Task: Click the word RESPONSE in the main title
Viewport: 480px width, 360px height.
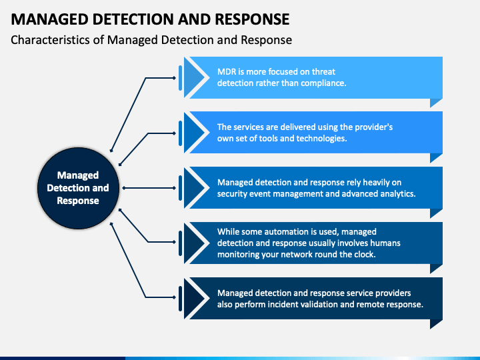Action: tap(252, 19)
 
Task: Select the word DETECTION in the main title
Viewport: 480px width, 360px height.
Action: tap(133, 19)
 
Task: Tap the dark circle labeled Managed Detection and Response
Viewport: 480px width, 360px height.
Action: tap(78, 188)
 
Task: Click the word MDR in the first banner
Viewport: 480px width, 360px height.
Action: tap(226, 71)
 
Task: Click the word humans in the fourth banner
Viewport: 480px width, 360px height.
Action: tap(385, 243)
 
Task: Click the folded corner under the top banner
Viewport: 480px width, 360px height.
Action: tap(436, 103)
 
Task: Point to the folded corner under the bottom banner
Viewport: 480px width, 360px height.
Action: tap(436, 324)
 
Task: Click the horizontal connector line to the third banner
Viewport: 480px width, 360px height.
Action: tap(149, 188)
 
